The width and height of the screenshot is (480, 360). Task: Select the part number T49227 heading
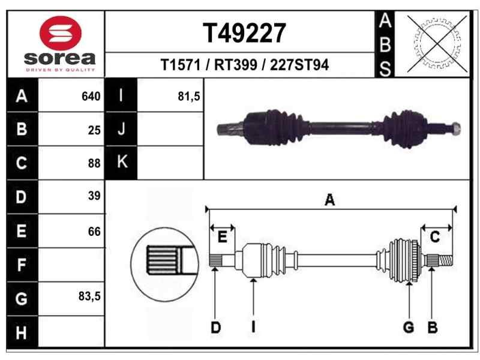coord(244,33)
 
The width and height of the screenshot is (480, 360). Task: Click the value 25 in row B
coord(94,130)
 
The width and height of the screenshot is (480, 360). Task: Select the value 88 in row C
coord(94,163)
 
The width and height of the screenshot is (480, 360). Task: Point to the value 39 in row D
coord(94,196)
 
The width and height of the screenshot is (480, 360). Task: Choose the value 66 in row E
coord(94,231)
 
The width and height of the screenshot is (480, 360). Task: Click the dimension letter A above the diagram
coord(329,201)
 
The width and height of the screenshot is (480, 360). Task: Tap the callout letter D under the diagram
coord(215,327)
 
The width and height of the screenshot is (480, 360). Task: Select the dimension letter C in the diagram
coord(435,237)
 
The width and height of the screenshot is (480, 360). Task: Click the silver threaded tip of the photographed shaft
coord(455,127)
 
